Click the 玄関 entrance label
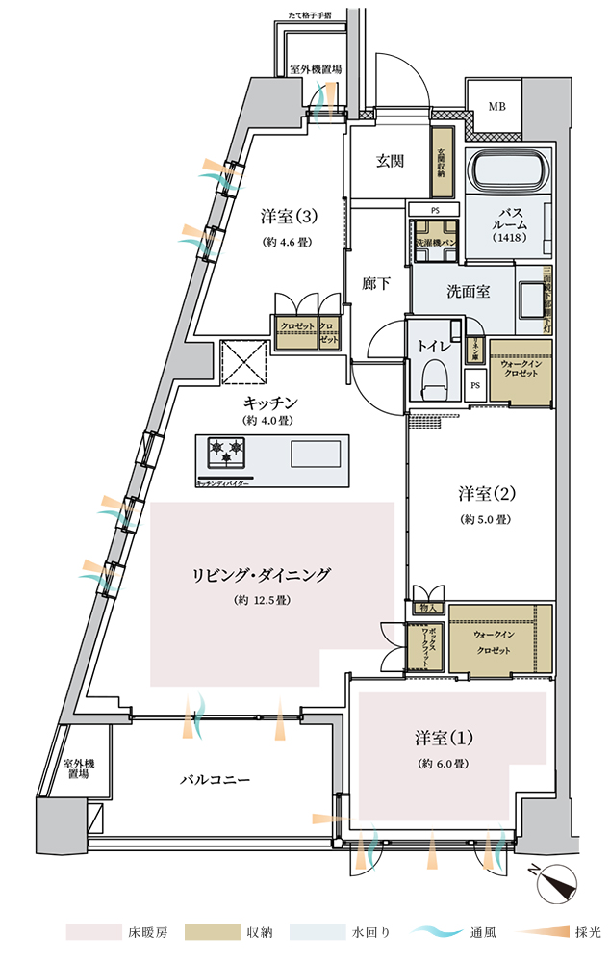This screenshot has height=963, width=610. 389,161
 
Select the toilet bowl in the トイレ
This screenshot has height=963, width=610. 435,378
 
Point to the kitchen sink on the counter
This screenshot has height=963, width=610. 316,453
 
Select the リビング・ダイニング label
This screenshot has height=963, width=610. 262,576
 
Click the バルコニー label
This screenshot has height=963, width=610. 216,779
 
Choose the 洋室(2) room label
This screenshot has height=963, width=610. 487,494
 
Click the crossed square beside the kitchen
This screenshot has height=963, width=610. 243,360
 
